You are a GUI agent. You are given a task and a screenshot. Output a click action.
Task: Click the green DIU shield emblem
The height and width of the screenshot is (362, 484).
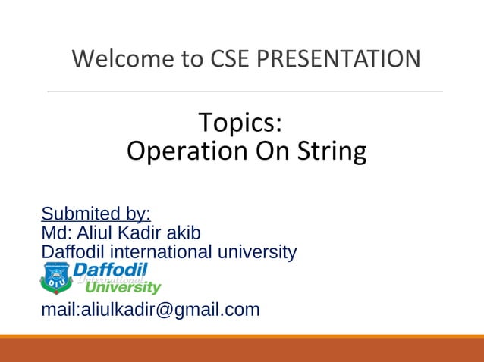click(x=56, y=278)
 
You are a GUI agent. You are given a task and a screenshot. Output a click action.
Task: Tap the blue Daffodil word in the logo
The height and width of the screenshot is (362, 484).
click(x=111, y=270)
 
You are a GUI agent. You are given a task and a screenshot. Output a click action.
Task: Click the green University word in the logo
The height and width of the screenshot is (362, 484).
click(x=123, y=288)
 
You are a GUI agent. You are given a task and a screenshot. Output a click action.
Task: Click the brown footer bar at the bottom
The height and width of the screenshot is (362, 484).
click(x=242, y=350)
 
